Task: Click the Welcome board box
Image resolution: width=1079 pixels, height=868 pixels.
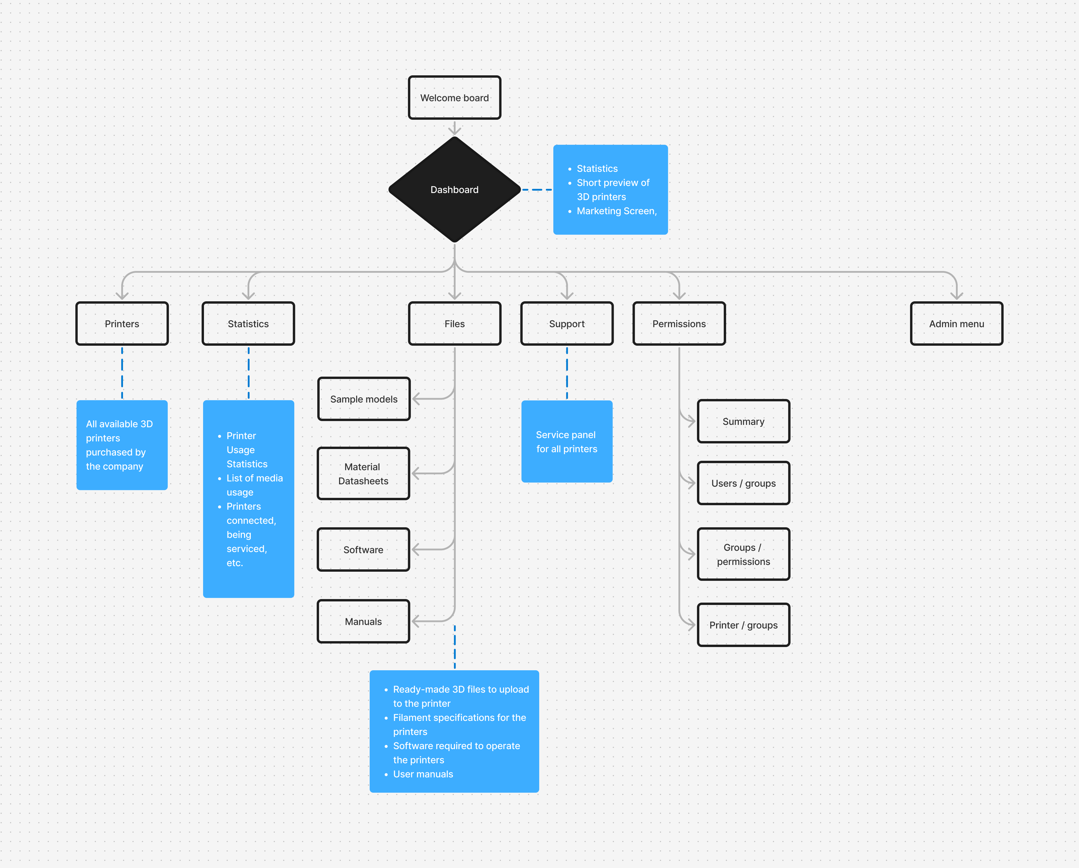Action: coord(454,98)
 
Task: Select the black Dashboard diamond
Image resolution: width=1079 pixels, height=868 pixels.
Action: coord(454,189)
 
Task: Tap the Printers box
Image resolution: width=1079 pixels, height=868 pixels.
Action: coord(122,324)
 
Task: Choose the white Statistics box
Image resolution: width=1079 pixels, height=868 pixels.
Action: coord(248,324)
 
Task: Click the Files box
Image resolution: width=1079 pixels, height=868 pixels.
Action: coord(454,324)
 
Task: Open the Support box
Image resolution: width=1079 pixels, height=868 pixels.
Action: coord(567,324)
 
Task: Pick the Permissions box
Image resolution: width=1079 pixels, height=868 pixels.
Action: coord(679,324)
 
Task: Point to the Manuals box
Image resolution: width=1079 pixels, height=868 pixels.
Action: coord(363,621)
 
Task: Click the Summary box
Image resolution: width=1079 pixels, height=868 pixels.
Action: coord(744,421)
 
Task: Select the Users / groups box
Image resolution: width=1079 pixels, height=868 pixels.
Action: coord(744,483)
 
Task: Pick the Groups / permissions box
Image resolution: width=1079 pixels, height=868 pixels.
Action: coord(744,554)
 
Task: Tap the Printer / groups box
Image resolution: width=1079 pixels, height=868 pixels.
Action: coord(744,625)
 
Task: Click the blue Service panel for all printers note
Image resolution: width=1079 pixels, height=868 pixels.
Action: coord(567,441)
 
